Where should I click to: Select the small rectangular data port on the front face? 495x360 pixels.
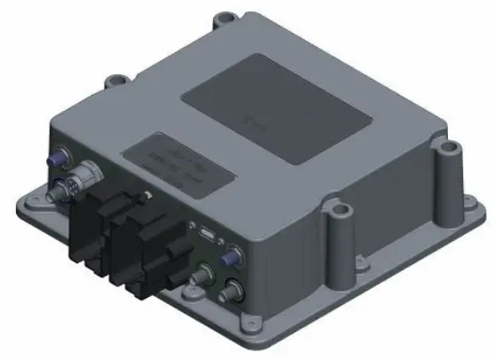tap(206, 236)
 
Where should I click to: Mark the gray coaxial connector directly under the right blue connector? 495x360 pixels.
tap(234, 289)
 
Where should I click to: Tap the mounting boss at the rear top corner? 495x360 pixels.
tap(228, 15)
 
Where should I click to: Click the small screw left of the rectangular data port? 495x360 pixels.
tap(188, 228)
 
